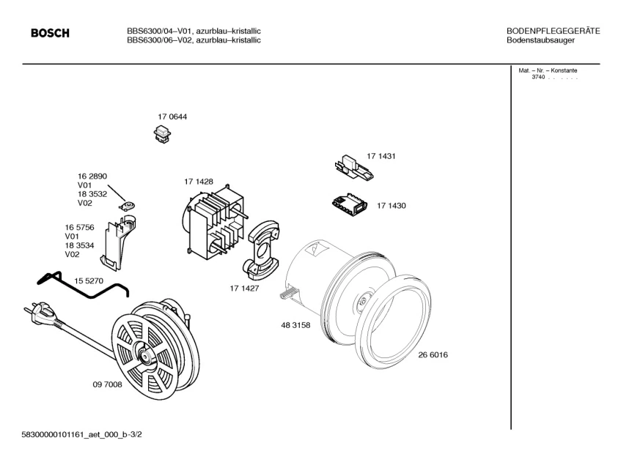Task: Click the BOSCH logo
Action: click(x=49, y=33)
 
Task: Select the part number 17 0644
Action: click(x=172, y=117)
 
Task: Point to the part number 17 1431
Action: click(x=381, y=157)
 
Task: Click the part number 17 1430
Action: click(x=391, y=206)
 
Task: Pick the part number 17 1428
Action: click(x=198, y=182)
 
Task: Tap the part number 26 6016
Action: click(x=433, y=355)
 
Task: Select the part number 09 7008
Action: click(x=107, y=384)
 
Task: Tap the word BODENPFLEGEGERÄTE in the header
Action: click(x=554, y=31)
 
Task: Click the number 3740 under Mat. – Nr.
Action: click(x=538, y=78)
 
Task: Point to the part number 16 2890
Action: click(x=92, y=176)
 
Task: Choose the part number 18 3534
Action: click(x=80, y=245)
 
